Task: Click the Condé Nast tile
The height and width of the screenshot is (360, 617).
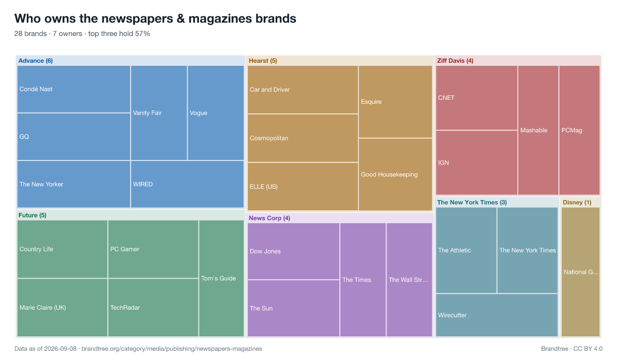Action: click(x=74, y=89)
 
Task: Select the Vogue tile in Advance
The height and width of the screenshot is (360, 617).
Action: click(x=215, y=113)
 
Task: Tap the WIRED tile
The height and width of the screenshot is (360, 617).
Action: click(x=187, y=184)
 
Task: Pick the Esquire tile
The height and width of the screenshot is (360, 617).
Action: click(x=395, y=102)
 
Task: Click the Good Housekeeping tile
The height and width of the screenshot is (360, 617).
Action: click(x=395, y=175)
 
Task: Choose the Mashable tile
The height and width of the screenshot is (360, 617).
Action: click(x=538, y=130)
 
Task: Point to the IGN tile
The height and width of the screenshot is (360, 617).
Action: click(x=477, y=163)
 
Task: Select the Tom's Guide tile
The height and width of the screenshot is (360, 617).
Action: click(x=222, y=278)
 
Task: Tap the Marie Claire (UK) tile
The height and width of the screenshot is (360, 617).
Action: click(x=62, y=308)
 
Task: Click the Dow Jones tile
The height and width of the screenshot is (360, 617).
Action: click(x=294, y=251)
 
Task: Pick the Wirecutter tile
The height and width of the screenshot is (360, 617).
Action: click(x=497, y=315)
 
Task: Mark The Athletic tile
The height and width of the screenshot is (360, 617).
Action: click(x=466, y=250)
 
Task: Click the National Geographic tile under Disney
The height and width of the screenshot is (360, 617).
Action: click(x=580, y=272)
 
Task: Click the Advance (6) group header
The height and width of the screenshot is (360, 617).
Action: click(x=35, y=61)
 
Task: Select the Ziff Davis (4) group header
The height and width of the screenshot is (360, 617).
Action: click(x=455, y=61)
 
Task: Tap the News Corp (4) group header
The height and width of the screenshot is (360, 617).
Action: click(x=269, y=218)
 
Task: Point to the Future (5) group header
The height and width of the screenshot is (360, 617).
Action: click(x=32, y=215)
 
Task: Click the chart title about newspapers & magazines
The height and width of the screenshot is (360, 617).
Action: click(x=155, y=19)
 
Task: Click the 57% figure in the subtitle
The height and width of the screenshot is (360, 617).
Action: click(x=142, y=33)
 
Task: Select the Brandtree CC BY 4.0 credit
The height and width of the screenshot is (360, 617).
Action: click(x=572, y=349)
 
